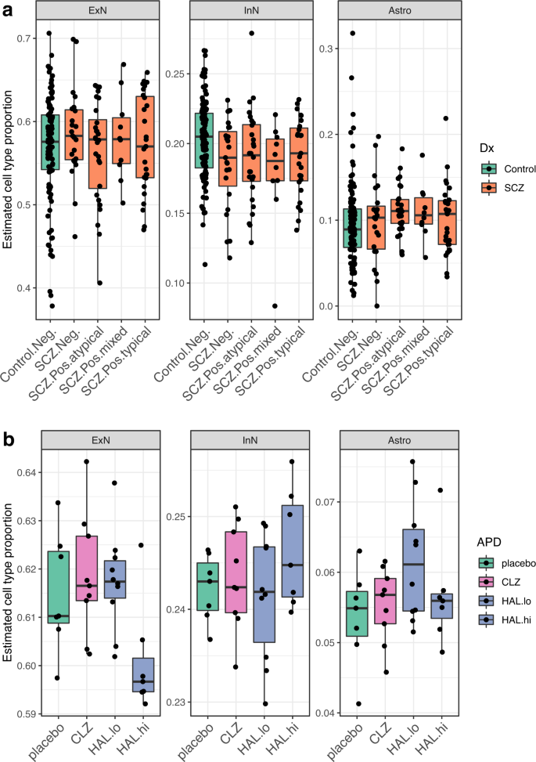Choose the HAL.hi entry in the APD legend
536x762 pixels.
(489, 619)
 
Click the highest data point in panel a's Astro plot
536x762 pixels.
(352, 33)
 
